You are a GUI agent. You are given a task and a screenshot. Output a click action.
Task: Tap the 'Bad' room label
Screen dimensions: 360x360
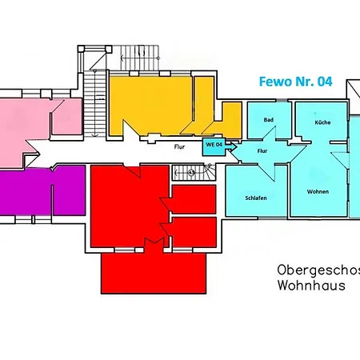click(268, 120)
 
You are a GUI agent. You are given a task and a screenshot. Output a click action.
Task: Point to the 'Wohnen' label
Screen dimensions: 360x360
click(318, 192)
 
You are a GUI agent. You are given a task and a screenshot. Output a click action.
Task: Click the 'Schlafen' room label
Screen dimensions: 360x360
click(256, 198)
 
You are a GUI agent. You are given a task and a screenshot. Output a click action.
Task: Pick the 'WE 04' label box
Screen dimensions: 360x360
click(214, 144)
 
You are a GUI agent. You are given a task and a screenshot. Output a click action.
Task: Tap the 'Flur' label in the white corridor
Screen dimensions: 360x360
click(180, 147)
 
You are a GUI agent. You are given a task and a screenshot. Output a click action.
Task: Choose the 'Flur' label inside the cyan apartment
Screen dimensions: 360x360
click(262, 150)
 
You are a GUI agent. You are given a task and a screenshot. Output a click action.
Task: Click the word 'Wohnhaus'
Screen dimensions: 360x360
click(312, 285)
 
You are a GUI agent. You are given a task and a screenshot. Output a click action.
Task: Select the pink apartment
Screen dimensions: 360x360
click(32, 120)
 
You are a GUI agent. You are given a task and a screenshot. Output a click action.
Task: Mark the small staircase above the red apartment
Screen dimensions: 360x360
click(194, 171)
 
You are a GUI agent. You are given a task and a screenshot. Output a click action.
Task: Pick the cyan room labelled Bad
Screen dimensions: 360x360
click(267, 128)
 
